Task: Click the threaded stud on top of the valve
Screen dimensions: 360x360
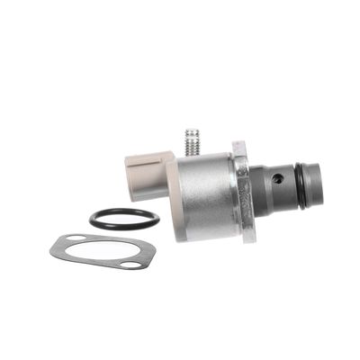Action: point(193,142)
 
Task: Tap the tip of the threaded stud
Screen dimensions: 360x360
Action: point(192,132)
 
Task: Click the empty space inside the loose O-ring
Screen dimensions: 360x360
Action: point(124,218)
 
